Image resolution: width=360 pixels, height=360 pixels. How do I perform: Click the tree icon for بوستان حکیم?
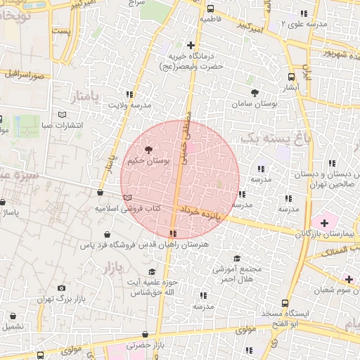coord(148,149)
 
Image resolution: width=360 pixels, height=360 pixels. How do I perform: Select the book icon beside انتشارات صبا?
coord(61,114)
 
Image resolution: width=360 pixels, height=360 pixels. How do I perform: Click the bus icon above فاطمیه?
coord(211,8)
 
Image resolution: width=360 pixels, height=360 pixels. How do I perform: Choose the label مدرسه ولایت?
coord(129,105)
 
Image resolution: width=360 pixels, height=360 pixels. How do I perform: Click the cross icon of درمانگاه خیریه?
coord(191,46)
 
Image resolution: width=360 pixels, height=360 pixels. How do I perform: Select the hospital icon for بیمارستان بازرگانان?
coord(323,222)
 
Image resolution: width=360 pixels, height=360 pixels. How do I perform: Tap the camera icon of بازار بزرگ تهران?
coord(61,288)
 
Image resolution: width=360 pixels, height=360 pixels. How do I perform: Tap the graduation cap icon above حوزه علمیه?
coord(152,272)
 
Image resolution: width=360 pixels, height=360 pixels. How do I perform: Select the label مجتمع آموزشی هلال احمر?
coord(237,274)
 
